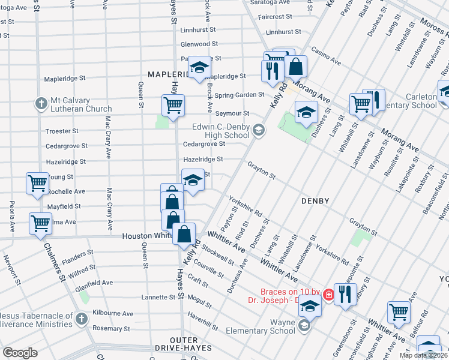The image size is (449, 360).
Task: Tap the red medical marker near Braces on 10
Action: click(328, 295)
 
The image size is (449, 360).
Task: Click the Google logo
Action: click(20, 353)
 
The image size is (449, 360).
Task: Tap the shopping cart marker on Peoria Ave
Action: click(40, 224)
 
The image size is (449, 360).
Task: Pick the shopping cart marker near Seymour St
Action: click(173, 106)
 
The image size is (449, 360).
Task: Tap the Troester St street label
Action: click(62, 131)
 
